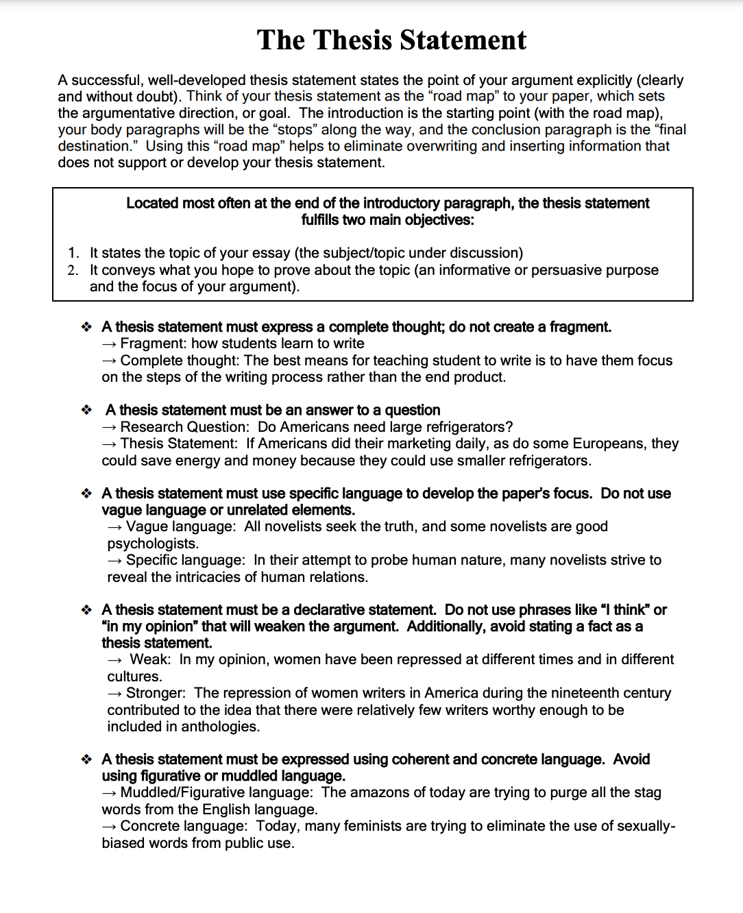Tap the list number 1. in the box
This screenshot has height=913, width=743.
tap(73, 253)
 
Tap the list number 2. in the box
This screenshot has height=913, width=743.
tap(73, 270)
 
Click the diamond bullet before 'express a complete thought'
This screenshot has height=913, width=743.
tap(86, 327)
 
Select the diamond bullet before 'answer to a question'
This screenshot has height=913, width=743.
tap(86, 410)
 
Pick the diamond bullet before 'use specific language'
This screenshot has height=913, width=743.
tap(86, 494)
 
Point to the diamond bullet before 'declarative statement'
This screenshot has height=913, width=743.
tap(86, 610)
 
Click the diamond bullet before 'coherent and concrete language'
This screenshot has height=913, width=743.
tap(86, 759)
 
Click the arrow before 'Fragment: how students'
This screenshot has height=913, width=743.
tap(110, 344)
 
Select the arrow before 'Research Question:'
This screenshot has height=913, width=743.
tap(110, 427)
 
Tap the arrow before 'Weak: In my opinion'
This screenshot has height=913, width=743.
tap(115, 660)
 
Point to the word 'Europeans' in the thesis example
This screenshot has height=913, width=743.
tap(609, 443)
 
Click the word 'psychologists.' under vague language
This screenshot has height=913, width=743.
tap(153, 544)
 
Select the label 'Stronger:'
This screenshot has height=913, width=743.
tap(156, 693)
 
